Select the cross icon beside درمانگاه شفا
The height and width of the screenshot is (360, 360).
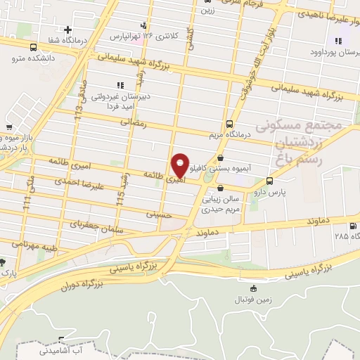pyautogui.click(x=67, y=30)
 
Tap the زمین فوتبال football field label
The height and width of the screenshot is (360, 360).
pyautogui.click(x=253, y=300)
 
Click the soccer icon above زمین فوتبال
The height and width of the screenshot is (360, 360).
pyautogui.click(x=253, y=288)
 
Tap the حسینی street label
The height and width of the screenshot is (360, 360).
pyautogui.click(x=159, y=212)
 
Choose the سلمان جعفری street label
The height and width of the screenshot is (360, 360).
pyautogui.click(x=96, y=227)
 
